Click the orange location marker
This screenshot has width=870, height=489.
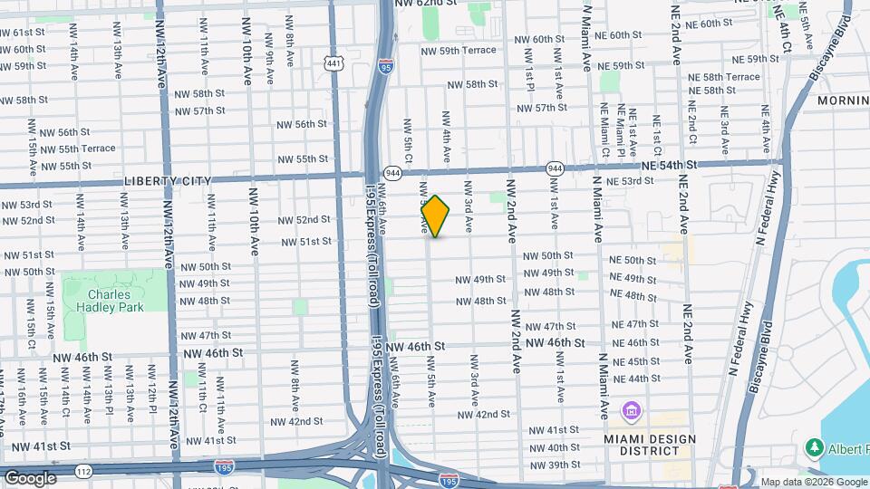pos(435,216)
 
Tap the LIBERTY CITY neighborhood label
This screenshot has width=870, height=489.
pos(167,181)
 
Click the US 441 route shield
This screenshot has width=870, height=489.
pos(334,62)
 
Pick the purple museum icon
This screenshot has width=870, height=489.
pos(629,413)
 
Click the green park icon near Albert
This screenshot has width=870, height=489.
pos(813,448)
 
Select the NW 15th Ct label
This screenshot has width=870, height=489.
pos(31,332)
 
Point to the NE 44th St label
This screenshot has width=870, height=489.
pos(636,379)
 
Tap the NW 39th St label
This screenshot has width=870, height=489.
pos(555,465)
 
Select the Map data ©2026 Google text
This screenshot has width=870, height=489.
pos(813,482)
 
